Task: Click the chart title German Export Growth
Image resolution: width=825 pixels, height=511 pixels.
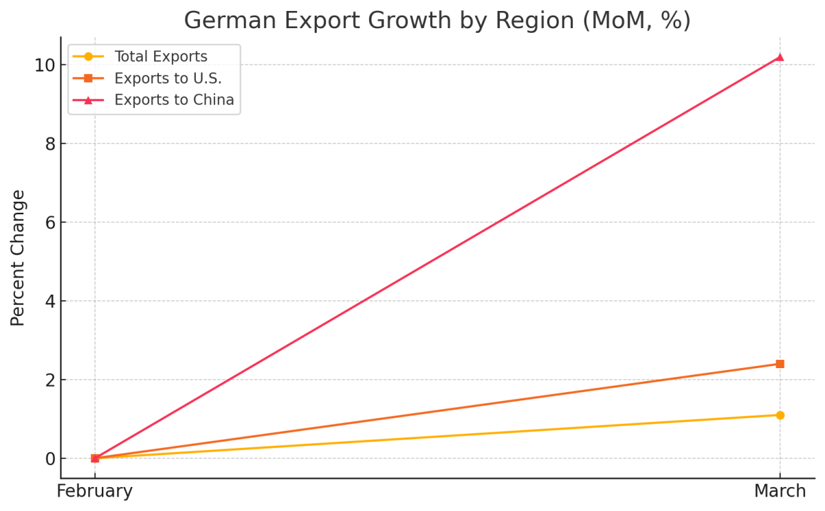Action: point(437,21)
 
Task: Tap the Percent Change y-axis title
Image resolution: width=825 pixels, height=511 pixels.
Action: point(19,258)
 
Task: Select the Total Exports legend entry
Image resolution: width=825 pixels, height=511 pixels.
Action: point(160,57)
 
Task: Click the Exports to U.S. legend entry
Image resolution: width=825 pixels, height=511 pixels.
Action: point(168,78)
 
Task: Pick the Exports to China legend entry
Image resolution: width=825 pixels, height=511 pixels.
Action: point(174,100)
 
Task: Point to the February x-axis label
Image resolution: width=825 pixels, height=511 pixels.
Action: point(95,492)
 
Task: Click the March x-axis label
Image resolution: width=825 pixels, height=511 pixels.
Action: point(780,492)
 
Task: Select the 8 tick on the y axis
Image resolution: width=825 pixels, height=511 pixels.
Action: point(49,144)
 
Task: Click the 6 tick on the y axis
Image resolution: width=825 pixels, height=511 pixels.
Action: point(49,223)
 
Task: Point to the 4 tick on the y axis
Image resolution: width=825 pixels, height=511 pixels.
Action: point(49,301)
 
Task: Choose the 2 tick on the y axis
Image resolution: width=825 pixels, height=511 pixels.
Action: point(49,380)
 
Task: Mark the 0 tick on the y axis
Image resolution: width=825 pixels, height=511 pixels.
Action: point(49,458)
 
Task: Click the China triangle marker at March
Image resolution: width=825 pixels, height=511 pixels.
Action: point(780,57)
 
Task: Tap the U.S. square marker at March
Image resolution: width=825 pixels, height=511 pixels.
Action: point(780,364)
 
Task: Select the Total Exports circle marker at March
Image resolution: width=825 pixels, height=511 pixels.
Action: point(780,415)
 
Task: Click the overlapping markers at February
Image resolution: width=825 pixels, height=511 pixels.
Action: point(95,458)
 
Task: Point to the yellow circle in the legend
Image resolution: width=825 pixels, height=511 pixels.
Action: point(88,57)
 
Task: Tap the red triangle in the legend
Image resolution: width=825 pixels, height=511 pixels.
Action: point(88,100)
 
